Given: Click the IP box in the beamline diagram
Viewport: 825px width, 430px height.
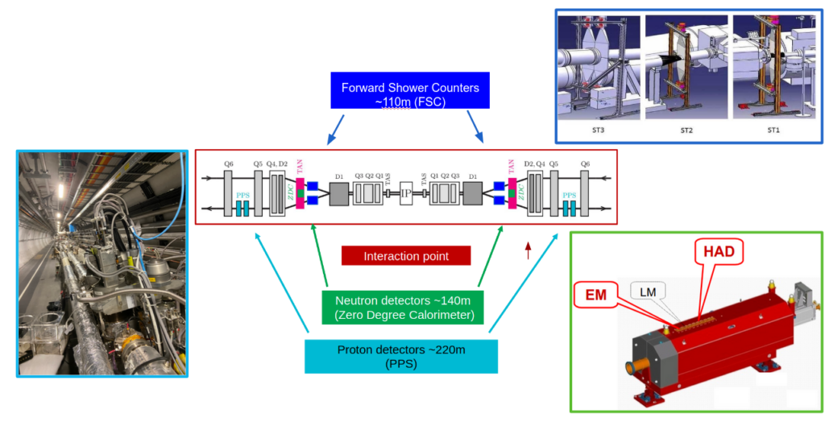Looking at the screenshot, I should coord(407,194).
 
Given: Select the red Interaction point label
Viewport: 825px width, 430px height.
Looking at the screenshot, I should coord(405,256).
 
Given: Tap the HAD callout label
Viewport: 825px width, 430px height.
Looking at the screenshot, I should coord(718,253).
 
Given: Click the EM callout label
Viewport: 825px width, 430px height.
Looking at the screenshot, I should coord(597,296).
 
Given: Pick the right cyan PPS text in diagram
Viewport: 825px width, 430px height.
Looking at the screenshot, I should coord(570,195).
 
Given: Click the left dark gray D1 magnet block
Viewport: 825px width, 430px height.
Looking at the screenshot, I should coord(338,194).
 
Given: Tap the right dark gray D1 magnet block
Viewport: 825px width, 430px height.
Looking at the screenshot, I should coord(473,194).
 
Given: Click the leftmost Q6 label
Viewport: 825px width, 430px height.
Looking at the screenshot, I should coord(229,163).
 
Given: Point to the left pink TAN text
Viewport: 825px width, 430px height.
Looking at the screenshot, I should coord(299,167).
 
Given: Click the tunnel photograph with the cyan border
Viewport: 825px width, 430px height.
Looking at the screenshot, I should coord(102,263).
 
